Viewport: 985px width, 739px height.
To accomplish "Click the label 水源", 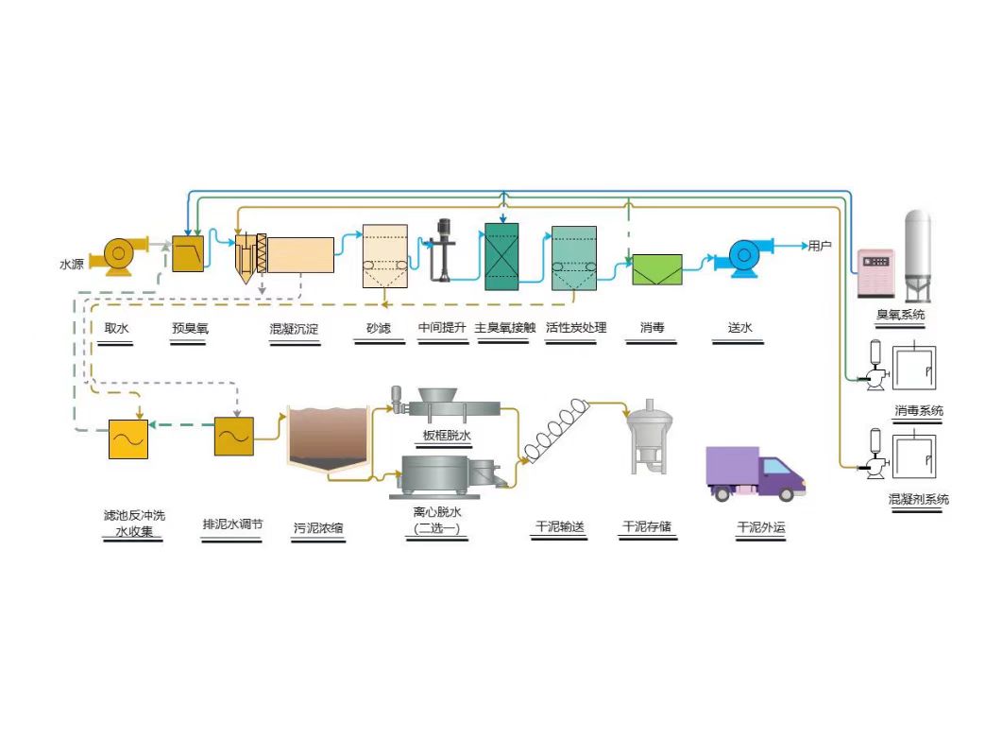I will [73, 265].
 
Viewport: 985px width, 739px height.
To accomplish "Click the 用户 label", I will [820, 247].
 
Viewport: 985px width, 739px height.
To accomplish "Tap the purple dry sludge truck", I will [756, 473].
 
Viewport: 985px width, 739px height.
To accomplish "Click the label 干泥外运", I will [760, 527].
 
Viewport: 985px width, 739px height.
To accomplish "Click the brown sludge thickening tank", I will [328, 438].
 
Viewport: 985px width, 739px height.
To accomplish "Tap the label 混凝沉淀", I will [294, 329].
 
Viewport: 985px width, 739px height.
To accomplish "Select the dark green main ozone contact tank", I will [501, 257].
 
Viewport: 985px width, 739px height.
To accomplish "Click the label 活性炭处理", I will [576, 328].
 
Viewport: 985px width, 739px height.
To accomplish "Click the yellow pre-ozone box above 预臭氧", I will [189, 254].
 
